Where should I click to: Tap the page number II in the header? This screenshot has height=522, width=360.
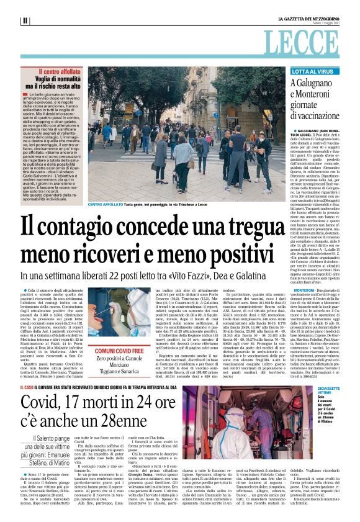click(25, 20)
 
